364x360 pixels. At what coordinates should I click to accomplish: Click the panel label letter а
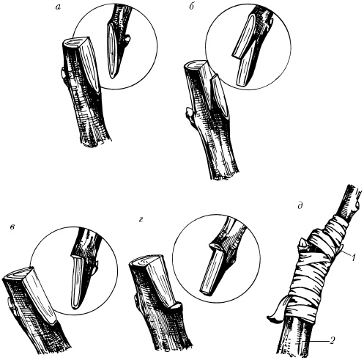pos(58,7)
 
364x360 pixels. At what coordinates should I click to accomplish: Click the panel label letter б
pos(192,7)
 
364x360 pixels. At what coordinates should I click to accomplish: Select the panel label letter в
pos(12,227)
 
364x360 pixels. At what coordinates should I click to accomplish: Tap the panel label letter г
pos(141,220)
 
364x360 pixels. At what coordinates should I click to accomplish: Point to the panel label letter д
pos(300,206)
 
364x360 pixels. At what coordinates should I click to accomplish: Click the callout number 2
pos(332,340)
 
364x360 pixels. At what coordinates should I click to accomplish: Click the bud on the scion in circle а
pos(127,40)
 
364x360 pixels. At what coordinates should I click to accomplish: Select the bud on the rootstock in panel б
pos(188,113)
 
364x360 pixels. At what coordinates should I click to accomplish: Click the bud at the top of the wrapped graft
pos(302,245)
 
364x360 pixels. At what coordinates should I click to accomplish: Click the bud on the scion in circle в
pos(96,268)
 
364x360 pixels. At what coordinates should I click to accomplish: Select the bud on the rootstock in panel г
pos(136,298)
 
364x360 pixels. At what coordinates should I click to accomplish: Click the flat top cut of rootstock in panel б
pos(195,65)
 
